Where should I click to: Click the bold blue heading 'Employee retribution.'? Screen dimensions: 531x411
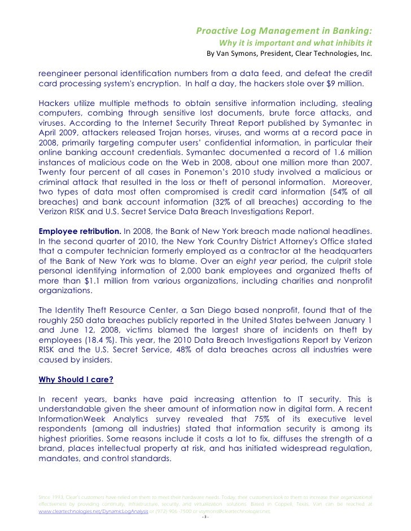click(79, 232)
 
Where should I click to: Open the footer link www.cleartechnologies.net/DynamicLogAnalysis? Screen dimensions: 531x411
click(93, 512)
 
